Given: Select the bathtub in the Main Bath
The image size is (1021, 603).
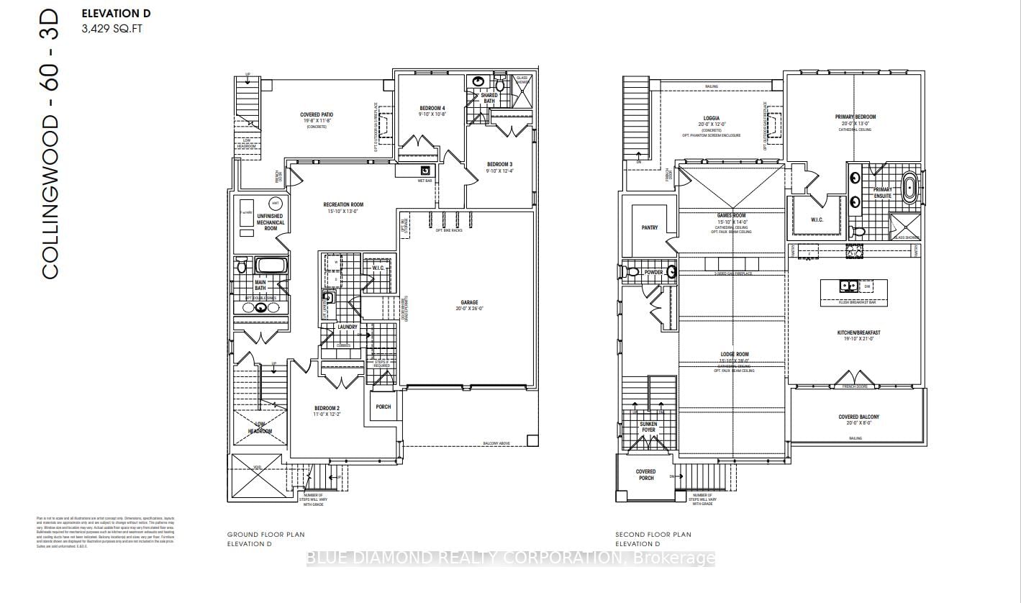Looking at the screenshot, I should point(271,265).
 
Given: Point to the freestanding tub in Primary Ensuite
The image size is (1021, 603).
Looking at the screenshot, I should point(909,186).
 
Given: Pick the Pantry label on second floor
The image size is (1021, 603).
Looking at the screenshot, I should point(649,228).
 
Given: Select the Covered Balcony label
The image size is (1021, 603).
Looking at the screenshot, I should point(858,417).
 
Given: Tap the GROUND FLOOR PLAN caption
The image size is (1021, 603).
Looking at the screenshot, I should point(266,535).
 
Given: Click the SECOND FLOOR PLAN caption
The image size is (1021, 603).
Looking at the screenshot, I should point(653,535).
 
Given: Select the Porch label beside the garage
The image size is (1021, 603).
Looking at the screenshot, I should point(384,407).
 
